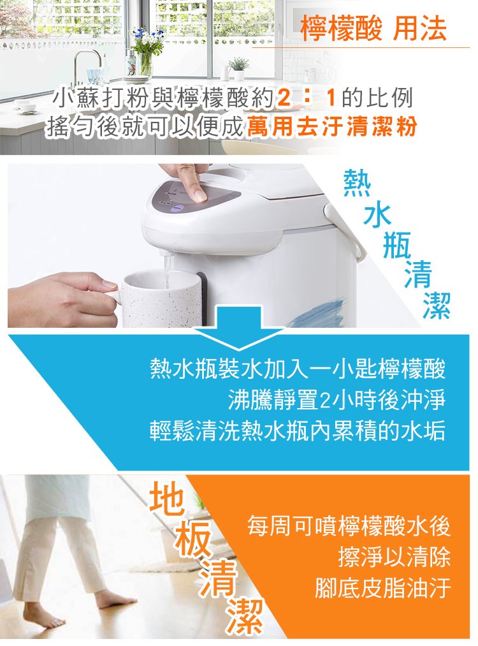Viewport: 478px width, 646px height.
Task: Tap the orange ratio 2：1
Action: click(x=307, y=98)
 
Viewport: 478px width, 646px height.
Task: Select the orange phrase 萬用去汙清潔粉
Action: click(x=332, y=125)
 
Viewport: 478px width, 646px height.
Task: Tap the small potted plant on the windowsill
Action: click(x=239, y=68)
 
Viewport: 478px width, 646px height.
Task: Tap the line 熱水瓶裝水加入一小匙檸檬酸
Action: click(x=298, y=369)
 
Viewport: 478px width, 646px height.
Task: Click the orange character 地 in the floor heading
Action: click(x=167, y=499)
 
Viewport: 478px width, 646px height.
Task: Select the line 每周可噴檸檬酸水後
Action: click(x=349, y=527)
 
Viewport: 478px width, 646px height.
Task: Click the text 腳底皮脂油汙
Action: click(x=382, y=587)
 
